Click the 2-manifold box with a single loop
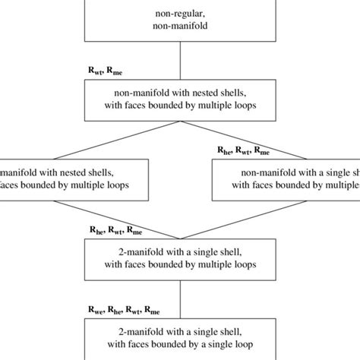pyautogui.click(x=179, y=337)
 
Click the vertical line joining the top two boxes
pyautogui.click(x=179, y=60)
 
